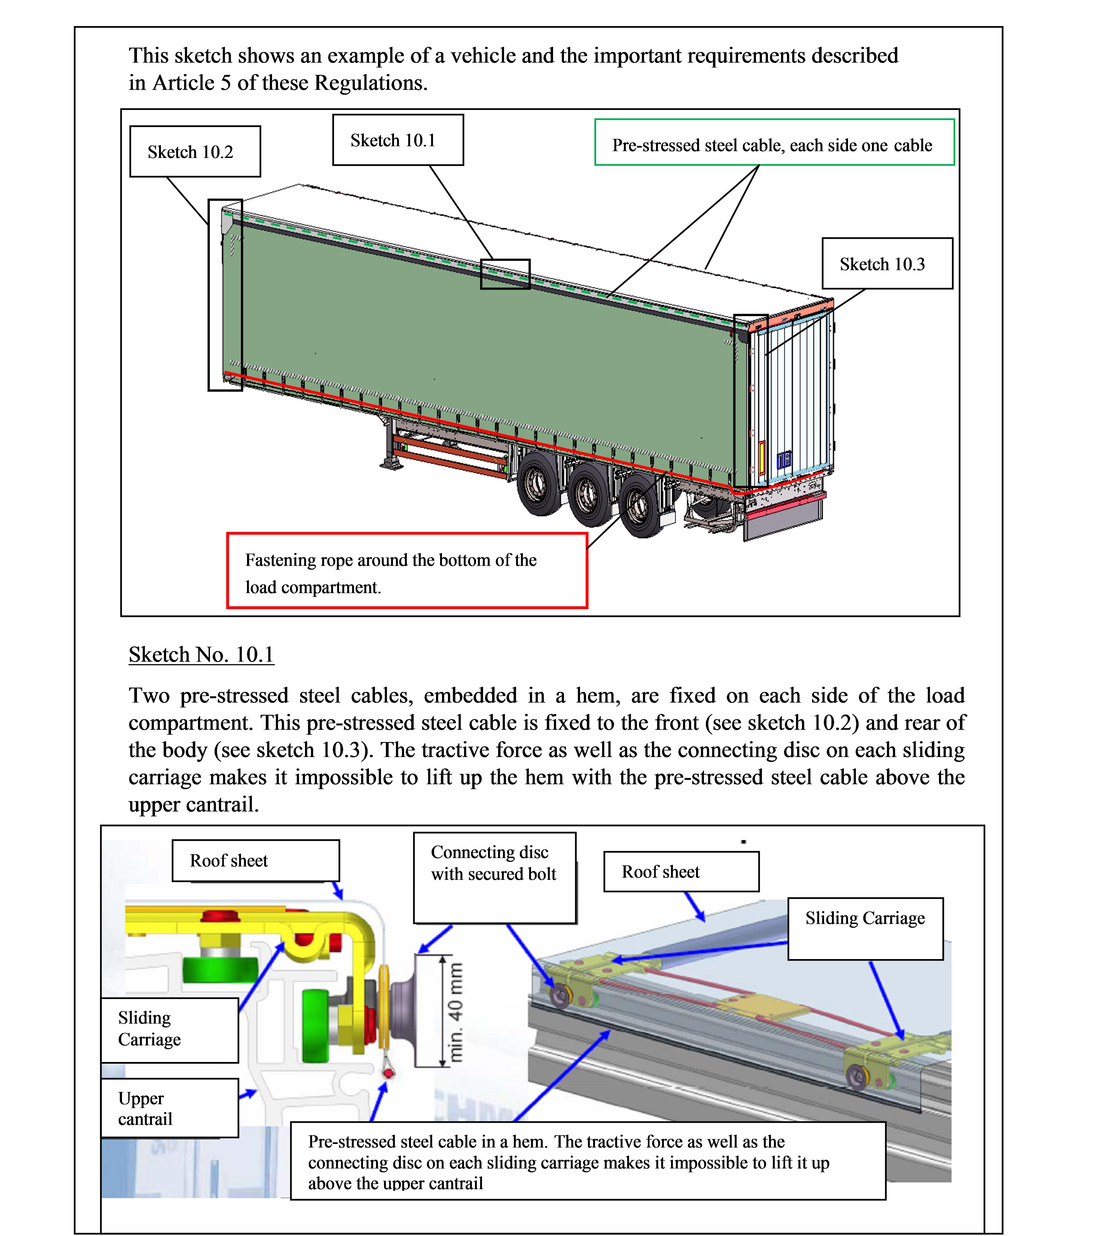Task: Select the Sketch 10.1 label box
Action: click(398, 140)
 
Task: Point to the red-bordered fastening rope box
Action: click(406, 570)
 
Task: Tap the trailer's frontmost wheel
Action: click(539, 484)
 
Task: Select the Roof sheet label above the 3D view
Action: click(681, 871)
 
